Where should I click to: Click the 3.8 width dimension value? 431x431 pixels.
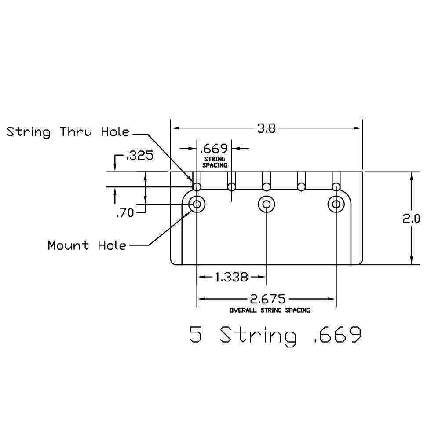pos(267,128)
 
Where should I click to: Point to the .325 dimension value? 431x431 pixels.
pos(139,156)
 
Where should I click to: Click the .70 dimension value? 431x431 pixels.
pos(125,213)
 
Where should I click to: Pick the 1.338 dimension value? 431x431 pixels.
pos(231,277)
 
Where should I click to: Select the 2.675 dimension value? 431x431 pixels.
pos(267,299)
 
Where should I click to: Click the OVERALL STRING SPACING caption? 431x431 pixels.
pos(270,310)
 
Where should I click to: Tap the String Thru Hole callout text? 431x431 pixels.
pos(68,132)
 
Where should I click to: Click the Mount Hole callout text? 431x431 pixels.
pos(87,245)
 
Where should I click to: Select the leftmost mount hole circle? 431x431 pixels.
pos(197,204)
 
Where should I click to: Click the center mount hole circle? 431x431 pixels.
pos(266,204)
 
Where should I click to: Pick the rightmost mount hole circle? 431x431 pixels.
pos(336,204)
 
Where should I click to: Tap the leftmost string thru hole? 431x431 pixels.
pos(197,187)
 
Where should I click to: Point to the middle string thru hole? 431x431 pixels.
pos(266,187)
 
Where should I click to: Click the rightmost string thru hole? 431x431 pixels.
pos(336,187)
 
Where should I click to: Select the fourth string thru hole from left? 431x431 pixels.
pos(301,187)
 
